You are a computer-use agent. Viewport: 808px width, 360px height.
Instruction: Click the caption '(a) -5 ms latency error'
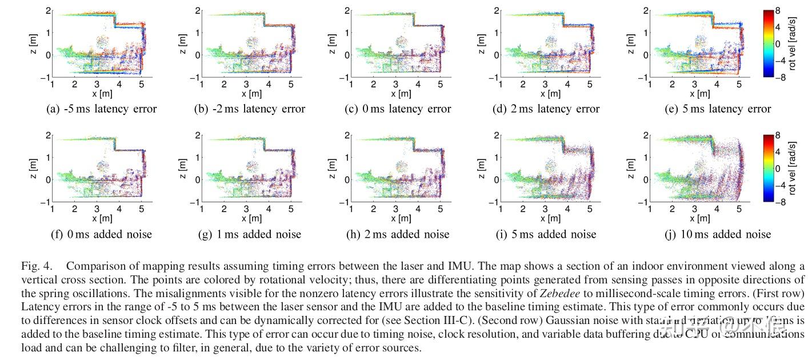click(x=101, y=109)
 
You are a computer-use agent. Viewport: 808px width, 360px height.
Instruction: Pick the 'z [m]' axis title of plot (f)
click(x=34, y=169)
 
